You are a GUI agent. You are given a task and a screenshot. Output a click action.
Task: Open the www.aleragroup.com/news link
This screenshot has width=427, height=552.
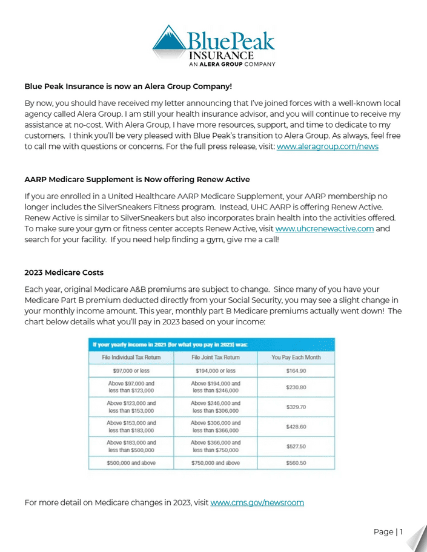[327, 146]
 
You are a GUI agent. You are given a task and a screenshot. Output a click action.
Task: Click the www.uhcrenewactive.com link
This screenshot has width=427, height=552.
[324, 229]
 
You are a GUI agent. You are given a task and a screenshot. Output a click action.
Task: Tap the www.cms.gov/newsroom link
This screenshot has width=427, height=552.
[257, 502]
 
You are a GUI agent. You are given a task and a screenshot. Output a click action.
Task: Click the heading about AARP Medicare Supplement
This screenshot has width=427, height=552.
[137, 180]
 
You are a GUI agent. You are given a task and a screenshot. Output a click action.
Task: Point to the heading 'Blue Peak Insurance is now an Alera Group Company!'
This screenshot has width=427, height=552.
[128, 86]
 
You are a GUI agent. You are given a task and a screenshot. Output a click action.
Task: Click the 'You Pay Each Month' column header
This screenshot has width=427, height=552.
[296, 358]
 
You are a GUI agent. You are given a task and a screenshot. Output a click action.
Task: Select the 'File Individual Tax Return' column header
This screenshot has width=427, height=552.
[131, 358]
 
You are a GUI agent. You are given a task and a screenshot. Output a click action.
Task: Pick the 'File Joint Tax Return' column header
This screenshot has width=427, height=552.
[216, 358]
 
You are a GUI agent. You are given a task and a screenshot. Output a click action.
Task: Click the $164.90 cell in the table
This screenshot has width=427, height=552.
[296, 370]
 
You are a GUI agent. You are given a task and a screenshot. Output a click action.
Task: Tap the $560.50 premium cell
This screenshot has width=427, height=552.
[296, 463]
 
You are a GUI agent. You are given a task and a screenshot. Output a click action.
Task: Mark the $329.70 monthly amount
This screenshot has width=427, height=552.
[296, 407]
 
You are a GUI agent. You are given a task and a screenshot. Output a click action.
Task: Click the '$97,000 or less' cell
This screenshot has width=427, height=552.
[131, 370]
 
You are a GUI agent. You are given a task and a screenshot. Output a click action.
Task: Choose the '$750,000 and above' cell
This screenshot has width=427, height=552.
[216, 463]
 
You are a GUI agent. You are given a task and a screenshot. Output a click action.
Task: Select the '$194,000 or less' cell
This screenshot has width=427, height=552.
[216, 370]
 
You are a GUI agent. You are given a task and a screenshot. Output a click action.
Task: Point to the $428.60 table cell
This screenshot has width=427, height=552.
[296, 426]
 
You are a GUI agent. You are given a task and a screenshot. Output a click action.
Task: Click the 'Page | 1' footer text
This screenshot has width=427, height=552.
[388, 532]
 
